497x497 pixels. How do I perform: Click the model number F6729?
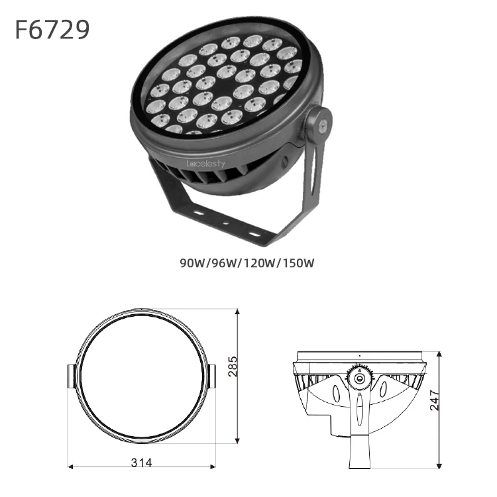click(52, 29)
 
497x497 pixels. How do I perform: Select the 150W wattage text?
click(298, 263)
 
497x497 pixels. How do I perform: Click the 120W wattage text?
click(258, 263)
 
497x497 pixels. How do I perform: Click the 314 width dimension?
click(141, 463)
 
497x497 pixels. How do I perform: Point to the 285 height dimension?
click(233, 366)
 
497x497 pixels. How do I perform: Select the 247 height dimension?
click(435, 400)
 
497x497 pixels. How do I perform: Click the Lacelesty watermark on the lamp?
click(205, 164)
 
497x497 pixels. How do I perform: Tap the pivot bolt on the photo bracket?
click(323, 125)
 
